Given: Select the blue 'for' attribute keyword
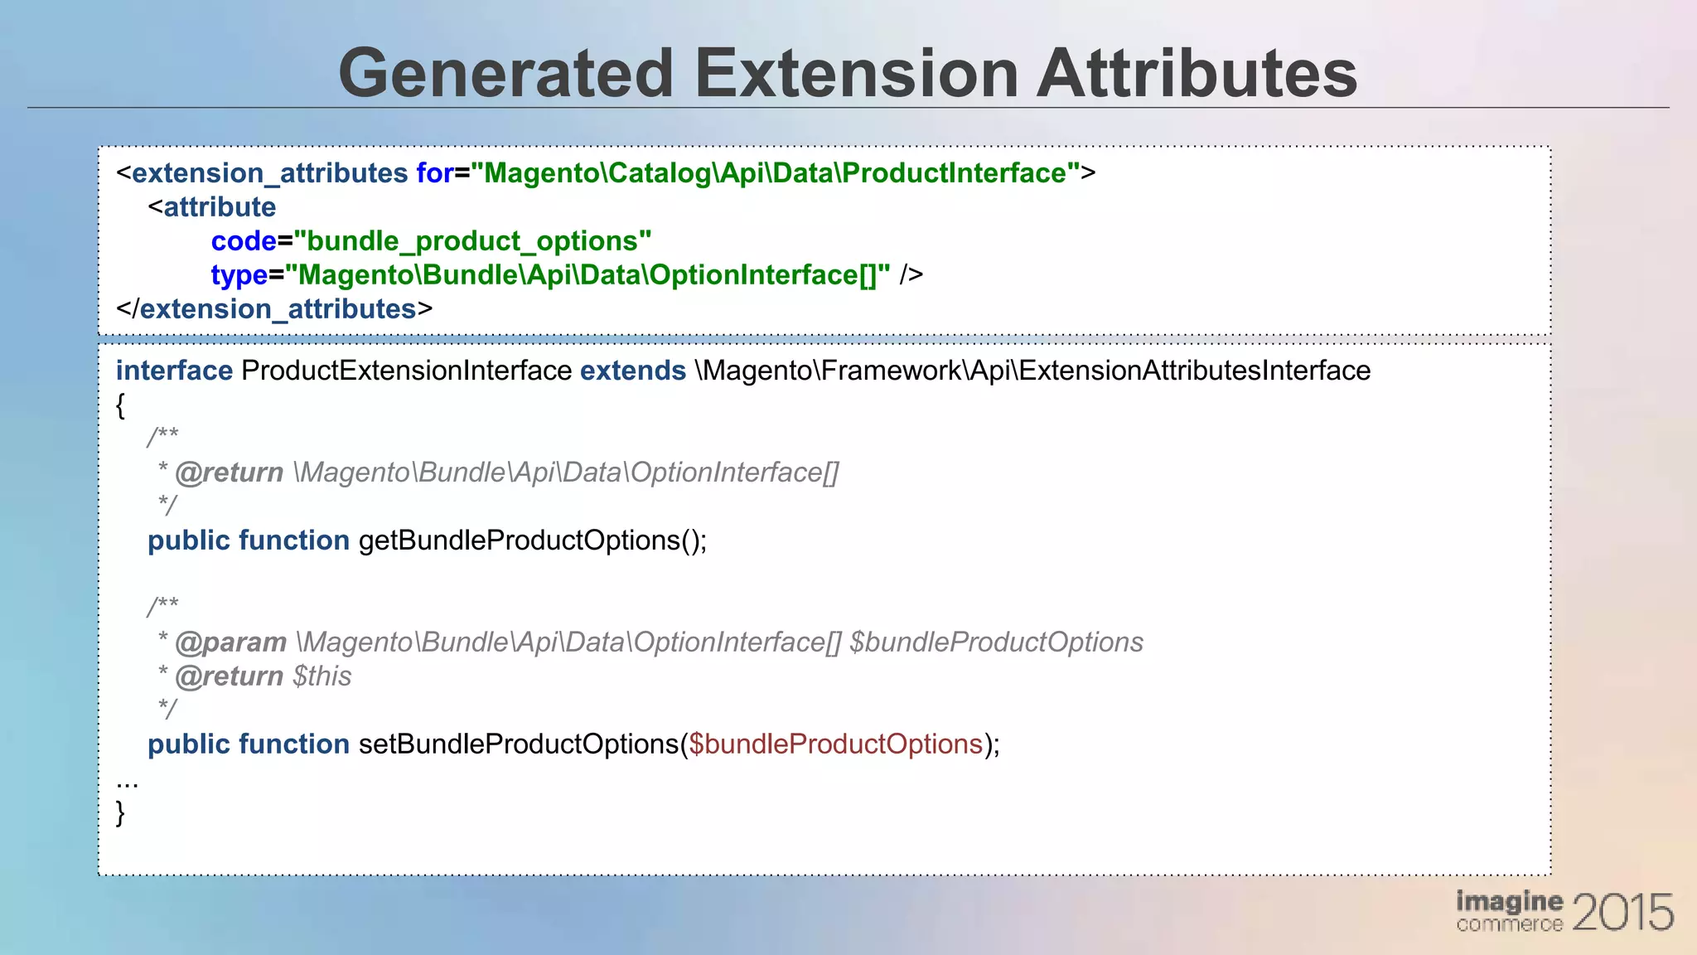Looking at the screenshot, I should point(434,173).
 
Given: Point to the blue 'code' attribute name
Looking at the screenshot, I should point(243,241).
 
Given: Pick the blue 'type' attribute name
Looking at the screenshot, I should point(239,275).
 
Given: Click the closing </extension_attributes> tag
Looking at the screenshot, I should point(274,309).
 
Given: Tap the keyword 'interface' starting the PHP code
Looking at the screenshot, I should point(174,371).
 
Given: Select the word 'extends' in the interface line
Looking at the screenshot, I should point(632,371).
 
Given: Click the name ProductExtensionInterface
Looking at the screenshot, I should point(406,371).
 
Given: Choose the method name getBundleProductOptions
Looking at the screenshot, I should point(519,541).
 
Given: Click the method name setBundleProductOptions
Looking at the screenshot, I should point(519,744).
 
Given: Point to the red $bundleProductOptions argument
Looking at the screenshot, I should point(835,744).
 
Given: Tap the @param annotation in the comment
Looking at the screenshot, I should point(230,642).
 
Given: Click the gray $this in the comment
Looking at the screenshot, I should point(322,676).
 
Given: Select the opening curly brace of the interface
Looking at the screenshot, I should point(121,405).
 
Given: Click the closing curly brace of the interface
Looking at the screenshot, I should point(121,812).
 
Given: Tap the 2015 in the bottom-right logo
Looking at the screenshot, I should point(1622,913).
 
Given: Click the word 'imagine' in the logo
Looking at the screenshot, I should point(1509,901).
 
